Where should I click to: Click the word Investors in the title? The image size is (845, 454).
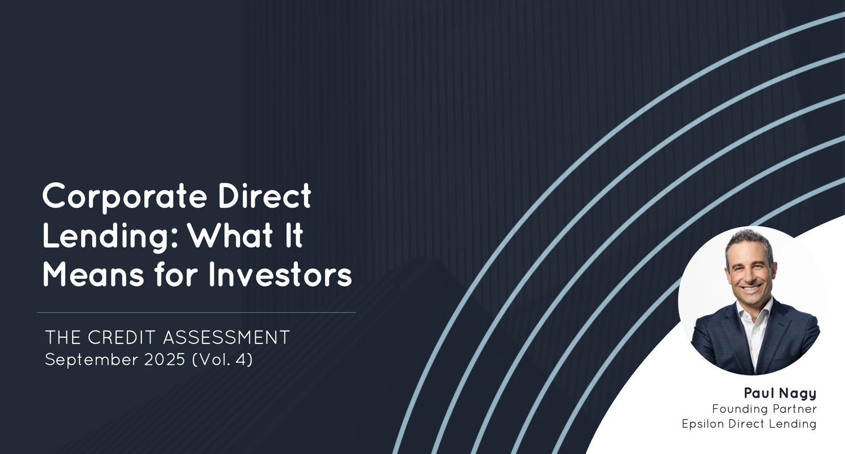(280, 276)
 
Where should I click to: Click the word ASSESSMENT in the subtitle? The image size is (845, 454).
(226, 338)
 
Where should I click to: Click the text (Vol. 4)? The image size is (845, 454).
(223, 359)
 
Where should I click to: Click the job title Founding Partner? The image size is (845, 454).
(764, 409)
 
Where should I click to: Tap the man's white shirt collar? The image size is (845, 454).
(755, 313)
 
